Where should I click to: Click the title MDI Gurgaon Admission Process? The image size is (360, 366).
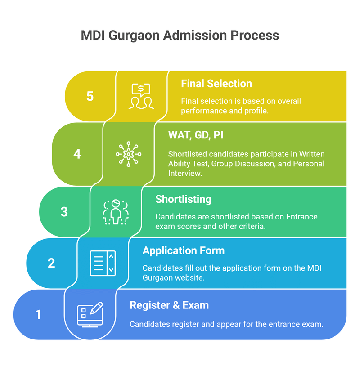click(180, 35)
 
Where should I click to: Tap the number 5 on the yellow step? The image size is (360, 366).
click(90, 96)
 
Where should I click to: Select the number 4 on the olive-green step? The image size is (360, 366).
click(77, 154)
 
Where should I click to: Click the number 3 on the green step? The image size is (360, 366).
click(64, 212)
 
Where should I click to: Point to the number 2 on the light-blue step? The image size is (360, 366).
click(51, 263)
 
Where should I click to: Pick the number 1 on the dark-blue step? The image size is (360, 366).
click(39, 314)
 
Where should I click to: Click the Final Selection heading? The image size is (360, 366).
click(216, 84)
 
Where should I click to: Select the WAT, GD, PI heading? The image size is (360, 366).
click(196, 135)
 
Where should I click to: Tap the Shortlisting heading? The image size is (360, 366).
click(183, 199)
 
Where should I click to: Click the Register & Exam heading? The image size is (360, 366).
click(169, 305)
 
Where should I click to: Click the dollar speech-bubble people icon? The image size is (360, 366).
click(141, 96)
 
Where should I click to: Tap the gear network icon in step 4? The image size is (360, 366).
click(128, 154)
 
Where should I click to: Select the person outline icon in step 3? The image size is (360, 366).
click(116, 212)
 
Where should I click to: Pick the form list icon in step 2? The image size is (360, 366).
click(103, 263)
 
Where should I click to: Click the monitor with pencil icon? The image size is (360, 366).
click(90, 314)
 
